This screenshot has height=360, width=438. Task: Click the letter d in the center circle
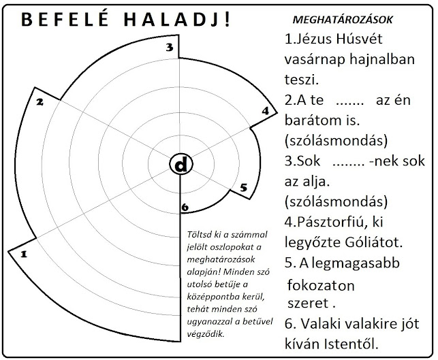pos(179,165)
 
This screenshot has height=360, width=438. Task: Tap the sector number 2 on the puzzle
pos(40,102)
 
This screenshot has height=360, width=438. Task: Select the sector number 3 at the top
pos(171,47)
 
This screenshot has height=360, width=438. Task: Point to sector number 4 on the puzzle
pos(265,111)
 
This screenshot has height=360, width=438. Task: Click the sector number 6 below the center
pos(184,207)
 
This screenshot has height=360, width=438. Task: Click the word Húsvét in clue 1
pos(362,39)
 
